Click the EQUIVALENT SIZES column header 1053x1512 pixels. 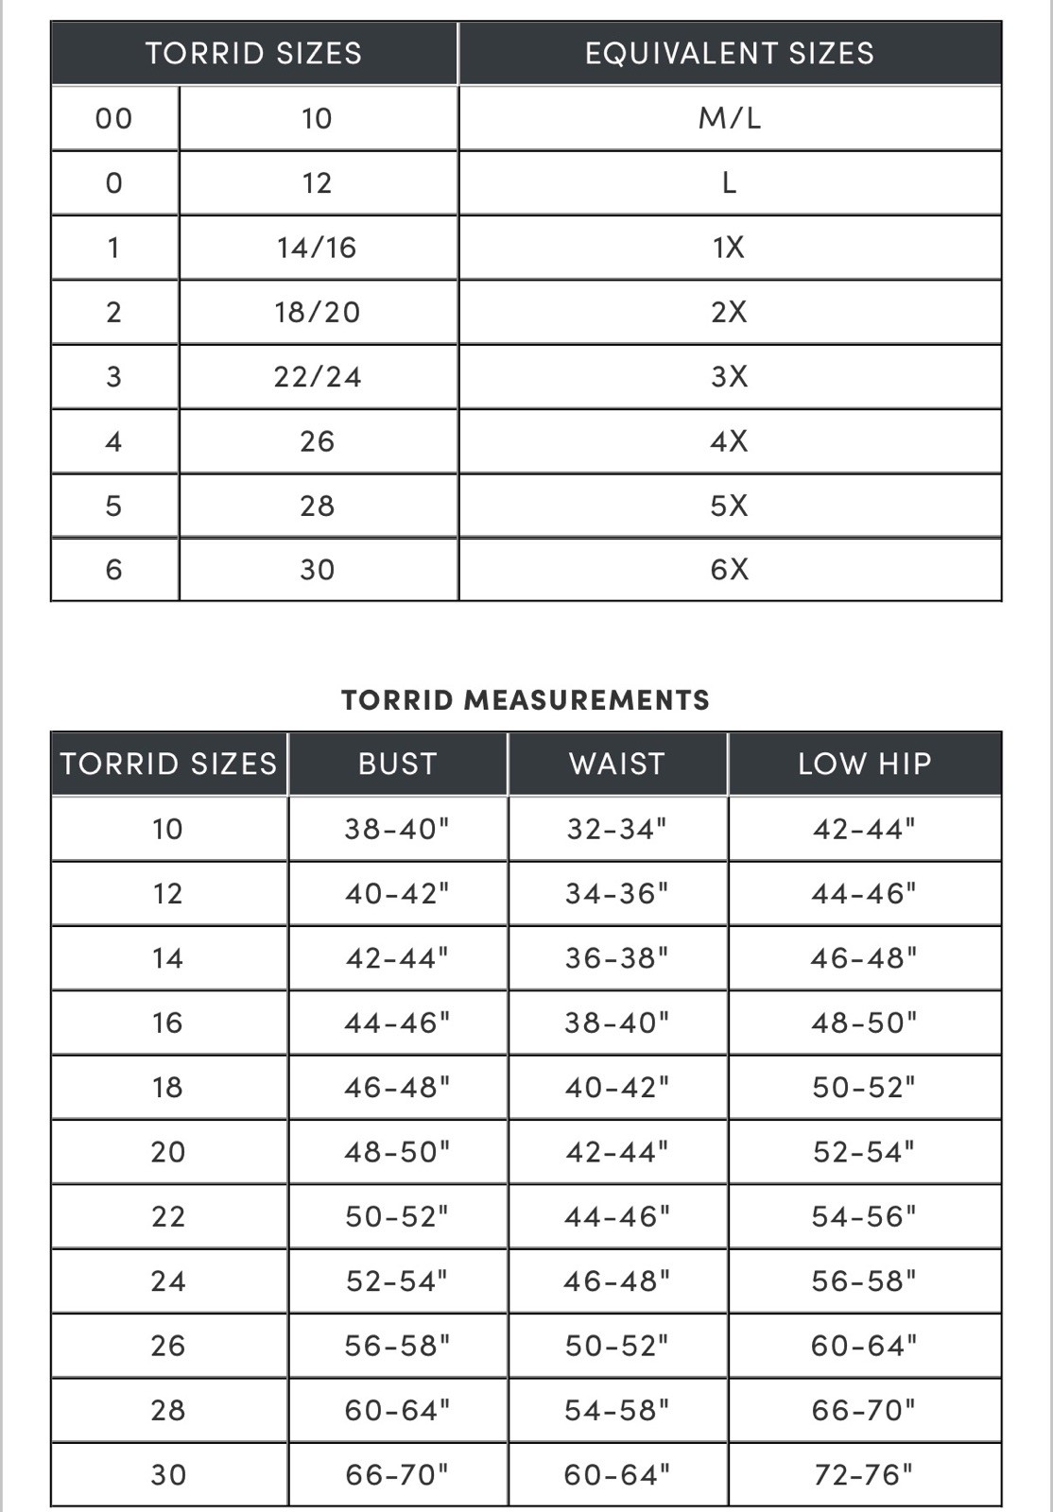click(729, 53)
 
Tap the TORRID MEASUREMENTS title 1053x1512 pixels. click(526, 700)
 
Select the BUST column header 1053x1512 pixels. click(398, 764)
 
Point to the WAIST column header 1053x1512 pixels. click(617, 764)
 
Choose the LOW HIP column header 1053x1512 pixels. click(865, 764)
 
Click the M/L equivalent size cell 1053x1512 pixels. click(729, 118)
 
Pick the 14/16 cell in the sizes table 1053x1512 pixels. click(317, 248)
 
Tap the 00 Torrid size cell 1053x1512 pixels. click(113, 118)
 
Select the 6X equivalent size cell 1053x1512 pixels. click(729, 570)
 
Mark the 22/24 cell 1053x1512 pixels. click(318, 377)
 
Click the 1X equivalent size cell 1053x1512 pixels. click(729, 248)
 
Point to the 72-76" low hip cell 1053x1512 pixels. click(864, 1474)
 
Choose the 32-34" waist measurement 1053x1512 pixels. click(617, 829)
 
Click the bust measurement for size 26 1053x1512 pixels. click(397, 1346)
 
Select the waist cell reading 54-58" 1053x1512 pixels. click(617, 1410)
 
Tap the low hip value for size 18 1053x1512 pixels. click(864, 1087)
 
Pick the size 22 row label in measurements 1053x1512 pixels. click(168, 1216)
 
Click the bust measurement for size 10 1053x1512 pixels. click(397, 829)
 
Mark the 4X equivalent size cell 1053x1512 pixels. click(729, 441)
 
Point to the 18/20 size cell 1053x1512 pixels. click(318, 312)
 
